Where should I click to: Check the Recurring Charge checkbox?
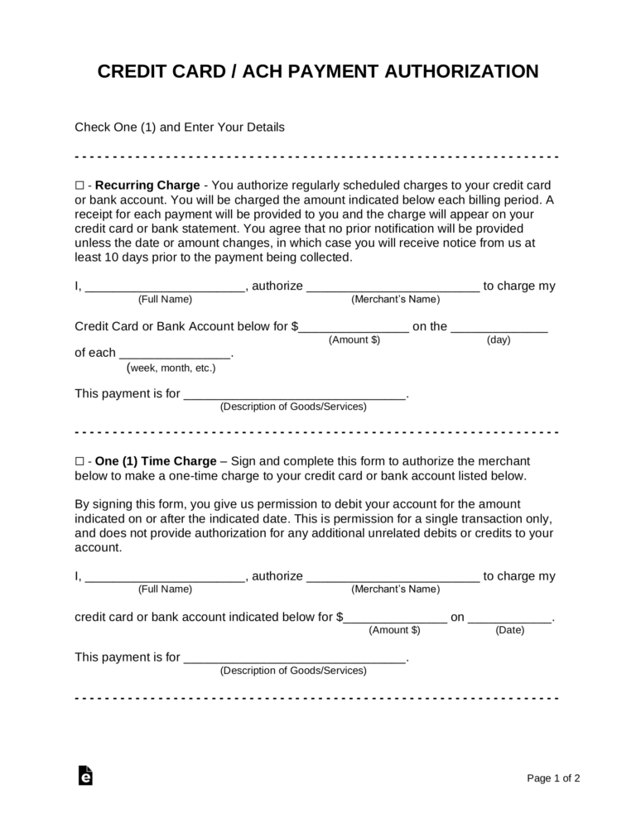tap(79, 185)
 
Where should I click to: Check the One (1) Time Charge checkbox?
tap(79, 461)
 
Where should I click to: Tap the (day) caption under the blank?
tap(499, 340)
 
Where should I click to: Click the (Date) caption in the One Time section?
tap(508, 630)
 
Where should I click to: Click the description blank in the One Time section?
tap(294, 658)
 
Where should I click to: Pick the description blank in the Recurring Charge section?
tap(294, 395)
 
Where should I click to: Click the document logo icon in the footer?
tap(84, 775)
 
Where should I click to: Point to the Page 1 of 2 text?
tap(553, 778)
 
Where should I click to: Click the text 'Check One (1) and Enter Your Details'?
tap(180, 128)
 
